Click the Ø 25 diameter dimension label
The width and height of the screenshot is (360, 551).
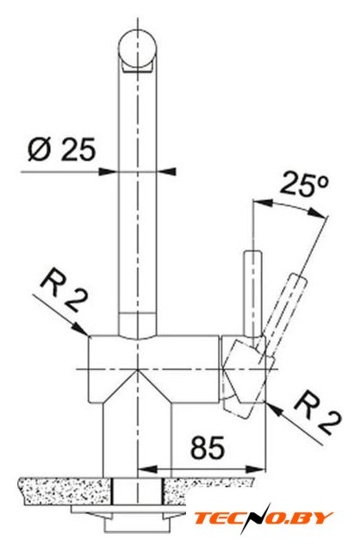tap(61, 149)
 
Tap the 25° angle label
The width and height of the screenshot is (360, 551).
tap(304, 184)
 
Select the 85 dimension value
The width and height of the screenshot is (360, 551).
tap(208, 448)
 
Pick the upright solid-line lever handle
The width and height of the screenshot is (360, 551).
tap(253, 294)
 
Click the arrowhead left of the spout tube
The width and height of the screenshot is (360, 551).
tap(109, 172)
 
